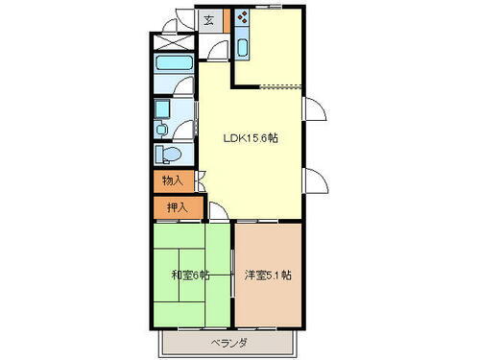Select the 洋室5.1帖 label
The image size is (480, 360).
pos(269,276)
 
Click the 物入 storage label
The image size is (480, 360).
pos(172,180)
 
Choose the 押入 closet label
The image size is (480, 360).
pos(177,206)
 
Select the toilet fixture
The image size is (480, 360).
pos(169,153)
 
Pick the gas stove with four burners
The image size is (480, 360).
pos(241,18)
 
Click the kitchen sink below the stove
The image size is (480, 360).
pos(241,47)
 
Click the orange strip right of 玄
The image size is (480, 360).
pos(227,20)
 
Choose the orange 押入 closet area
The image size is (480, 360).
pos(177,206)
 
